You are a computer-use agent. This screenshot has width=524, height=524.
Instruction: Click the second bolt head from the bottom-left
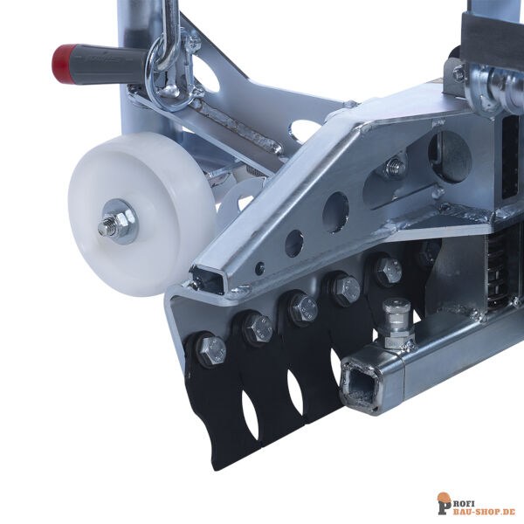pos(259,328)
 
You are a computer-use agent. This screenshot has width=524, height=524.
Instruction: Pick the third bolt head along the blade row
pos(303,307)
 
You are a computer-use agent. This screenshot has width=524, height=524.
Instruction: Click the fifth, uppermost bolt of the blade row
pos(387,269)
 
